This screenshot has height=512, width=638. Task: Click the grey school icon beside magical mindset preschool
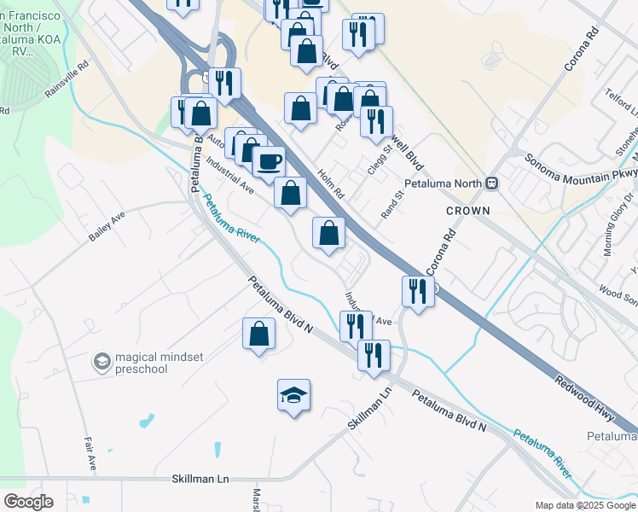[102, 363]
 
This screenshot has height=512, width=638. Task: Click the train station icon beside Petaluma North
[491, 183]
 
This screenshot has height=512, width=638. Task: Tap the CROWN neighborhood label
[467, 210]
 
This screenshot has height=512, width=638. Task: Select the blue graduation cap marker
[293, 395]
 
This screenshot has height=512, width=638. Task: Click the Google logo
[27, 502]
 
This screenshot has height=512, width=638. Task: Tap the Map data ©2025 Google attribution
[584, 505]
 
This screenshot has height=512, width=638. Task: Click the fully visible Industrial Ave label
[229, 174]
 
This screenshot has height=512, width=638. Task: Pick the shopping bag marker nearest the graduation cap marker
[258, 334]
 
